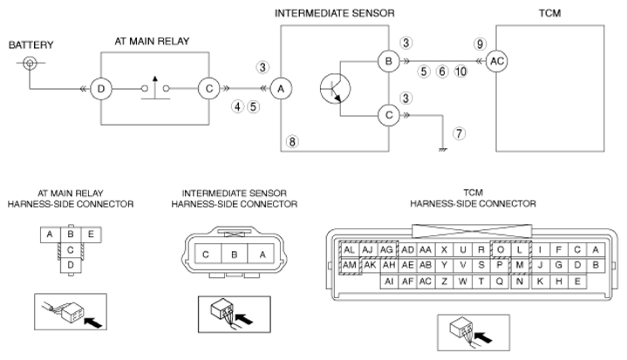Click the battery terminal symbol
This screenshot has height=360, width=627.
pos(30,63)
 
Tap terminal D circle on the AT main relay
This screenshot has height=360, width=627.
pos(101,89)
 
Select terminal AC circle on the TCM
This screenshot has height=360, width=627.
pos(497,61)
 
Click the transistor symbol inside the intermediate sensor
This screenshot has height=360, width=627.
pos(335,88)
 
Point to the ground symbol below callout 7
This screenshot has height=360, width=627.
pos(443,150)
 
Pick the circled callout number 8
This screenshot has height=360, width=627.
pos(292,141)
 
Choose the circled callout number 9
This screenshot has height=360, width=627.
pos(480,44)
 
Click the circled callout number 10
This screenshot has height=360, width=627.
pos(460,71)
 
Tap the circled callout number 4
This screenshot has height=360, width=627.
pos(237,106)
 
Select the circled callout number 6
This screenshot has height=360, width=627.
pos(442,71)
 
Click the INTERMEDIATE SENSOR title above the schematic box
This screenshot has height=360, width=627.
pos(334,13)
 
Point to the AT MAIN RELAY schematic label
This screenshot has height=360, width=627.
pos(152,41)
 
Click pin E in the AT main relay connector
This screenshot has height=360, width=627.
pos(91,234)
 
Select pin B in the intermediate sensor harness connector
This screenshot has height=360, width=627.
pos(235,255)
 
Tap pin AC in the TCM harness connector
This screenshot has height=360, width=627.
pos(426,282)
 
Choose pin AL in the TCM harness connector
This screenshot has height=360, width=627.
pos(349,250)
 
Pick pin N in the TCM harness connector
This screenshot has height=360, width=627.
pos(520,282)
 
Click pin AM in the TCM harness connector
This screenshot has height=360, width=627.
pos(349,265)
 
